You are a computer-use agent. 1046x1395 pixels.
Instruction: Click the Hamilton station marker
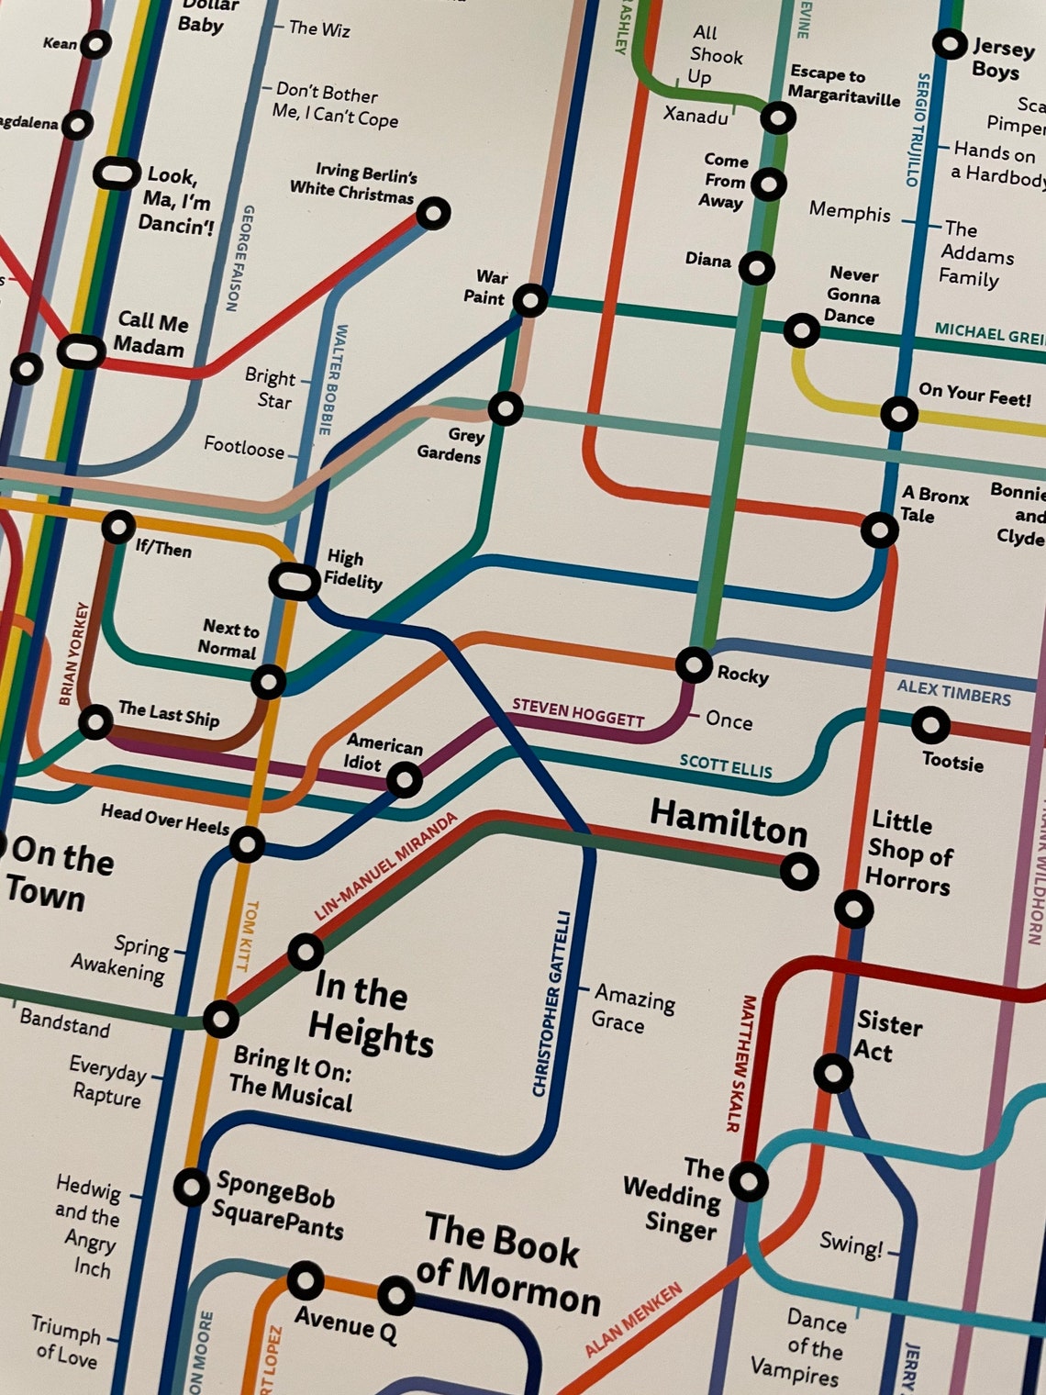(x=799, y=870)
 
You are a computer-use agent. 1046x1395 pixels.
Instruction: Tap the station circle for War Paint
(x=530, y=300)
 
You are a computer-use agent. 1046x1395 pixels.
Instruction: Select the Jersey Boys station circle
(x=950, y=43)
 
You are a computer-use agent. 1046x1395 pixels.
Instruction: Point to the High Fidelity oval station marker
(x=294, y=581)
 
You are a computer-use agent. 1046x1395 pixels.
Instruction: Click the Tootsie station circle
(x=930, y=725)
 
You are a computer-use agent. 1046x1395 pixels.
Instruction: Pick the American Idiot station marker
(x=405, y=780)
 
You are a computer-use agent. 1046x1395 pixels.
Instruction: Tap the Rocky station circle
(x=694, y=664)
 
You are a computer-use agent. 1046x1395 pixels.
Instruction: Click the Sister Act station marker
(x=833, y=1072)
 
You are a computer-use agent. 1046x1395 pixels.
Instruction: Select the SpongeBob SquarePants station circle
(x=192, y=1188)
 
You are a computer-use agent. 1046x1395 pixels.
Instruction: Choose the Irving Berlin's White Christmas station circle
(x=433, y=214)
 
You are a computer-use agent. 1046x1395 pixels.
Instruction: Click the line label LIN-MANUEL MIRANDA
(x=385, y=866)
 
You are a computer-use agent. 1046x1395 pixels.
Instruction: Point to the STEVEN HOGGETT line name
(x=578, y=712)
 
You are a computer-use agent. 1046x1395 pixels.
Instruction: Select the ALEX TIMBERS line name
(x=953, y=692)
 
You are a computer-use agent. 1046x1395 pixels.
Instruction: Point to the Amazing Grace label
(x=633, y=1008)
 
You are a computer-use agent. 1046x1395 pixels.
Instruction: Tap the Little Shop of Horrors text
(x=908, y=852)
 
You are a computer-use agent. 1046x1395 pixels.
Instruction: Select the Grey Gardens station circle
(x=506, y=407)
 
